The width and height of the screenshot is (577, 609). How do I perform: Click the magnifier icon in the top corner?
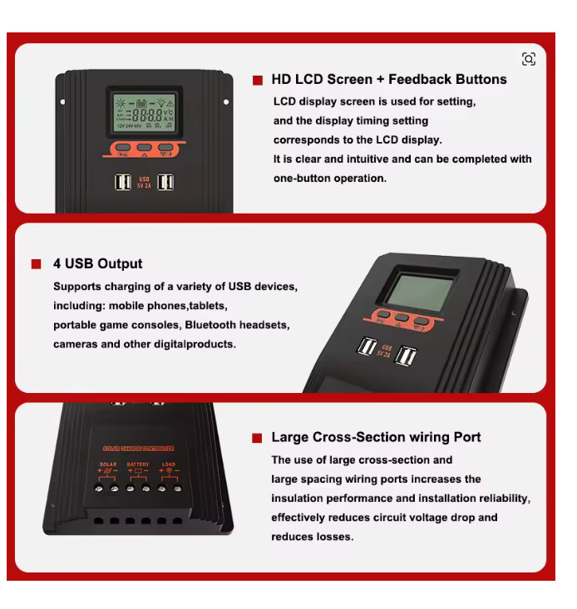[529, 59]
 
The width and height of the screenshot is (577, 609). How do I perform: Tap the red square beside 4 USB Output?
[37, 264]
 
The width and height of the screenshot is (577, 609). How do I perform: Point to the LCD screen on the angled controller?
[422, 292]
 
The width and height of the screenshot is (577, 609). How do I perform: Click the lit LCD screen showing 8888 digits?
[145, 114]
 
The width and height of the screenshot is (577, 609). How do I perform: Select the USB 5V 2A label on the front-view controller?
[144, 182]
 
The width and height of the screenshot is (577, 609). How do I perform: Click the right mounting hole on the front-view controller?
[225, 101]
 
